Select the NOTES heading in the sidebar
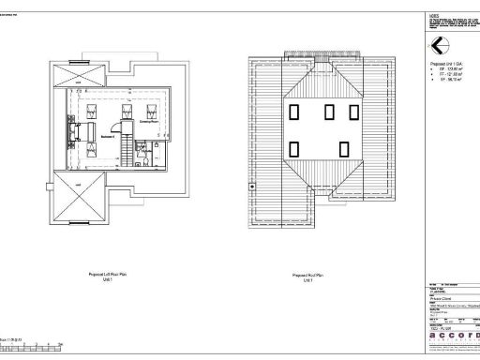(x=433, y=15)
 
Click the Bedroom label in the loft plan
(x=108, y=135)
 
